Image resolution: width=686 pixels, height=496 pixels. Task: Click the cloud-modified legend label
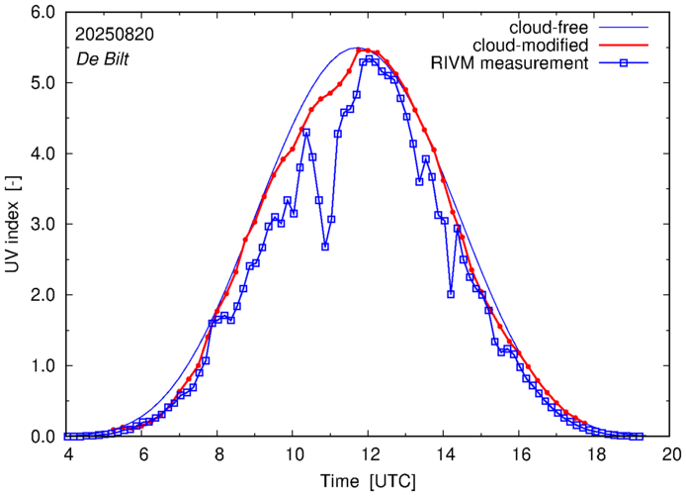pyautogui.click(x=531, y=46)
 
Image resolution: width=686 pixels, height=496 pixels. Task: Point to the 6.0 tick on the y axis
pyautogui.click(x=41, y=13)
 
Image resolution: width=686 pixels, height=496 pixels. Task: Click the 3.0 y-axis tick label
pyautogui.click(x=41, y=225)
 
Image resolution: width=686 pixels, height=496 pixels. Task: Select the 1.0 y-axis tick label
pyautogui.click(x=41, y=366)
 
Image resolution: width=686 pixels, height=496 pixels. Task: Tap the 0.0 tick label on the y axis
pyautogui.click(x=41, y=437)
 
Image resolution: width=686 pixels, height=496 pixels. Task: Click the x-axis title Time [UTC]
pyautogui.click(x=369, y=480)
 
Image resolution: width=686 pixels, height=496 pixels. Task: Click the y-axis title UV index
pyautogui.click(x=13, y=225)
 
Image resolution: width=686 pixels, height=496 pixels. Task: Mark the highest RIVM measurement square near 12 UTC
pyautogui.click(x=369, y=59)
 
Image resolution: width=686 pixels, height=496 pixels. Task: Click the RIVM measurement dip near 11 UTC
pyautogui.click(x=325, y=247)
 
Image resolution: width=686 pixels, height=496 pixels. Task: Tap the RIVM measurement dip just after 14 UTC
pyautogui.click(x=451, y=294)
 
